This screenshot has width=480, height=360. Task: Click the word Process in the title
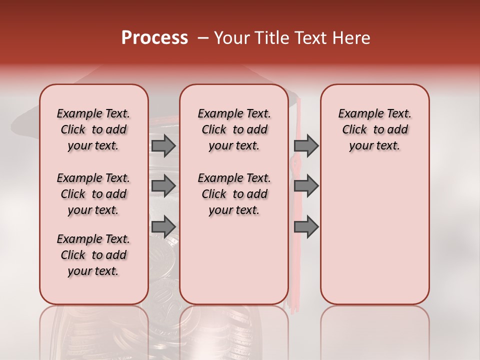pyautogui.click(x=154, y=38)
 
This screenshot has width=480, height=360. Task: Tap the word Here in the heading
pyautogui.click(x=353, y=38)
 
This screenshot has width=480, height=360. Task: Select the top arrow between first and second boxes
pyautogui.click(x=163, y=145)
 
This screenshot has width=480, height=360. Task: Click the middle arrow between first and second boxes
pyautogui.click(x=163, y=185)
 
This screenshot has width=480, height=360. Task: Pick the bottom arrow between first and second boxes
pyautogui.click(x=163, y=226)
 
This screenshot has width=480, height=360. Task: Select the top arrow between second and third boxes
pyautogui.click(x=306, y=145)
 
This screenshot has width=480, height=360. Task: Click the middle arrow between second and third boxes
pyautogui.click(x=306, y=185)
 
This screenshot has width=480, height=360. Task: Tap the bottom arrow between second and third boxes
pyautogui.click(x=306, y=226)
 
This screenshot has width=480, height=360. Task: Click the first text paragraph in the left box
pyautogui.click(x=93, y=129)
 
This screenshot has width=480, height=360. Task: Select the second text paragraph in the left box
pyautogui.click(x=93, y=194)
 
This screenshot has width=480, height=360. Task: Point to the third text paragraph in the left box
pyautogui.click(x=93, y=255)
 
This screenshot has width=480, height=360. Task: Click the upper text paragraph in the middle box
pyautogui.click(x=234, y=129)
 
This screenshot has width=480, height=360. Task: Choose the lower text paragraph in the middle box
pyautogui.click(x=234, y=194)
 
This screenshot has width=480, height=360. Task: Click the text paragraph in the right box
pyautogui.click(x=375, y=129)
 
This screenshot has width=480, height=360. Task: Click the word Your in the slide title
pyautogui.click(x=229, y=38)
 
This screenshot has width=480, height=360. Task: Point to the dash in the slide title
pyautogui.click(x=202, y=38)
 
